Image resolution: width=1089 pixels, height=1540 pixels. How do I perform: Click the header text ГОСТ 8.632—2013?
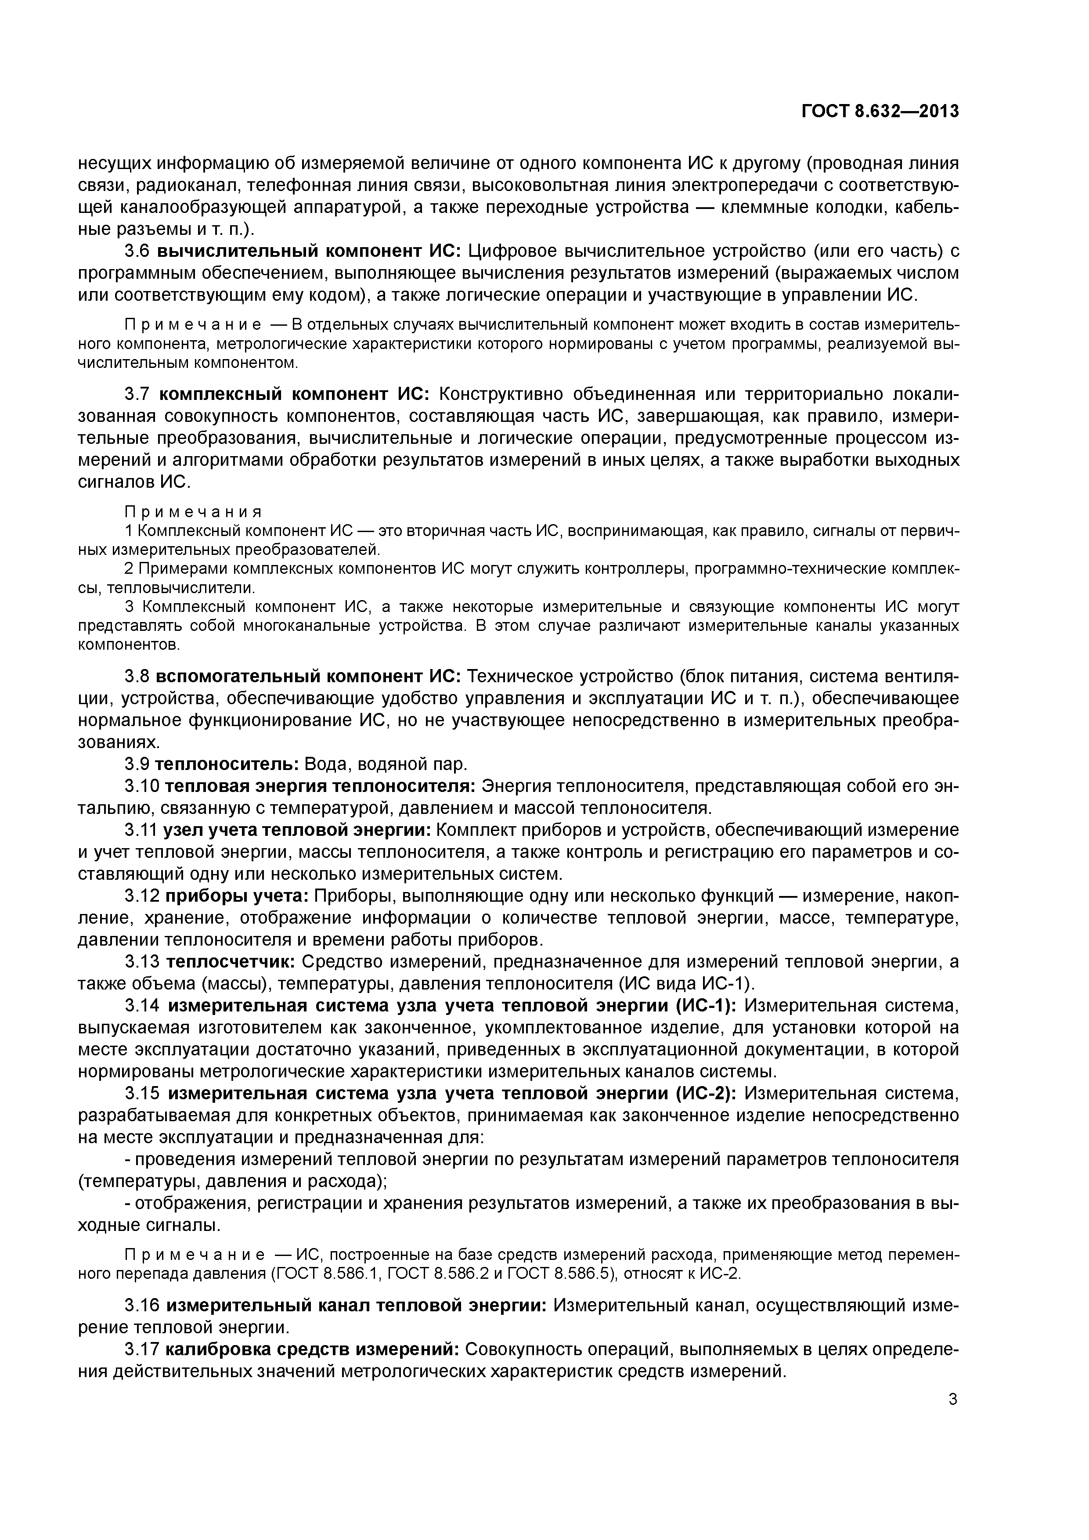[x=880, y=112]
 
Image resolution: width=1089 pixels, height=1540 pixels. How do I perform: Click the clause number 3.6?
[x=138, y=252]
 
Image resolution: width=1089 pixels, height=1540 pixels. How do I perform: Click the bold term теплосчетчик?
[x=230, y=962]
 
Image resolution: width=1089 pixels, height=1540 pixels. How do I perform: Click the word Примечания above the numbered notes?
[x=193, y=512]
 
